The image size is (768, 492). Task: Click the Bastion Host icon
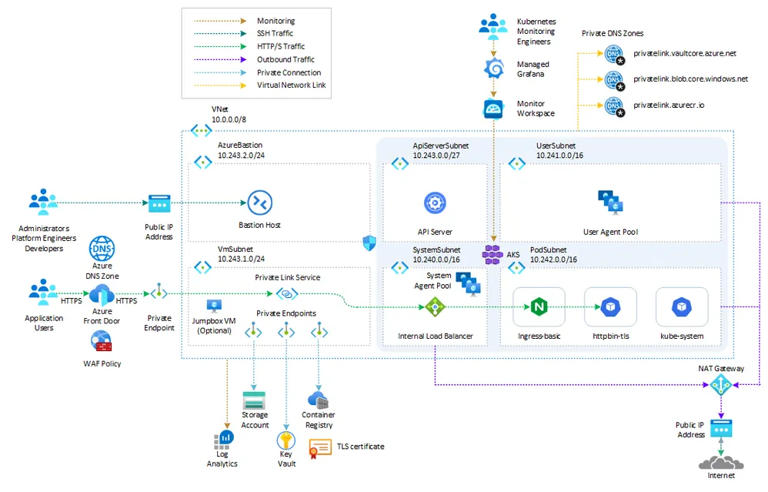259,202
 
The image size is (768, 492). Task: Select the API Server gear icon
435,203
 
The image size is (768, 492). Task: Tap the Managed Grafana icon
493,69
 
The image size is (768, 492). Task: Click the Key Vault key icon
286,441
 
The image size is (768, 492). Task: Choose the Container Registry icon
318,400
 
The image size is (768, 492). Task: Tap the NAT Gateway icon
720,385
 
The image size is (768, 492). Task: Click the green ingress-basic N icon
539,307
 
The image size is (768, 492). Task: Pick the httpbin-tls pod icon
610,307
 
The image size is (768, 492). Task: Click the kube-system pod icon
681,307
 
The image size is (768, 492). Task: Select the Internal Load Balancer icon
436,307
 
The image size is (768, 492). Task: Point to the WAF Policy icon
101,342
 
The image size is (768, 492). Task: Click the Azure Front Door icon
102,295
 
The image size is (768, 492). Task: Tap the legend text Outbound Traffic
285,59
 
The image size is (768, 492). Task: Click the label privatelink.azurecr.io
669,104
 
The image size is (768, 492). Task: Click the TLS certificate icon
319,448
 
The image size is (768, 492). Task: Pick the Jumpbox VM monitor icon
214,306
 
